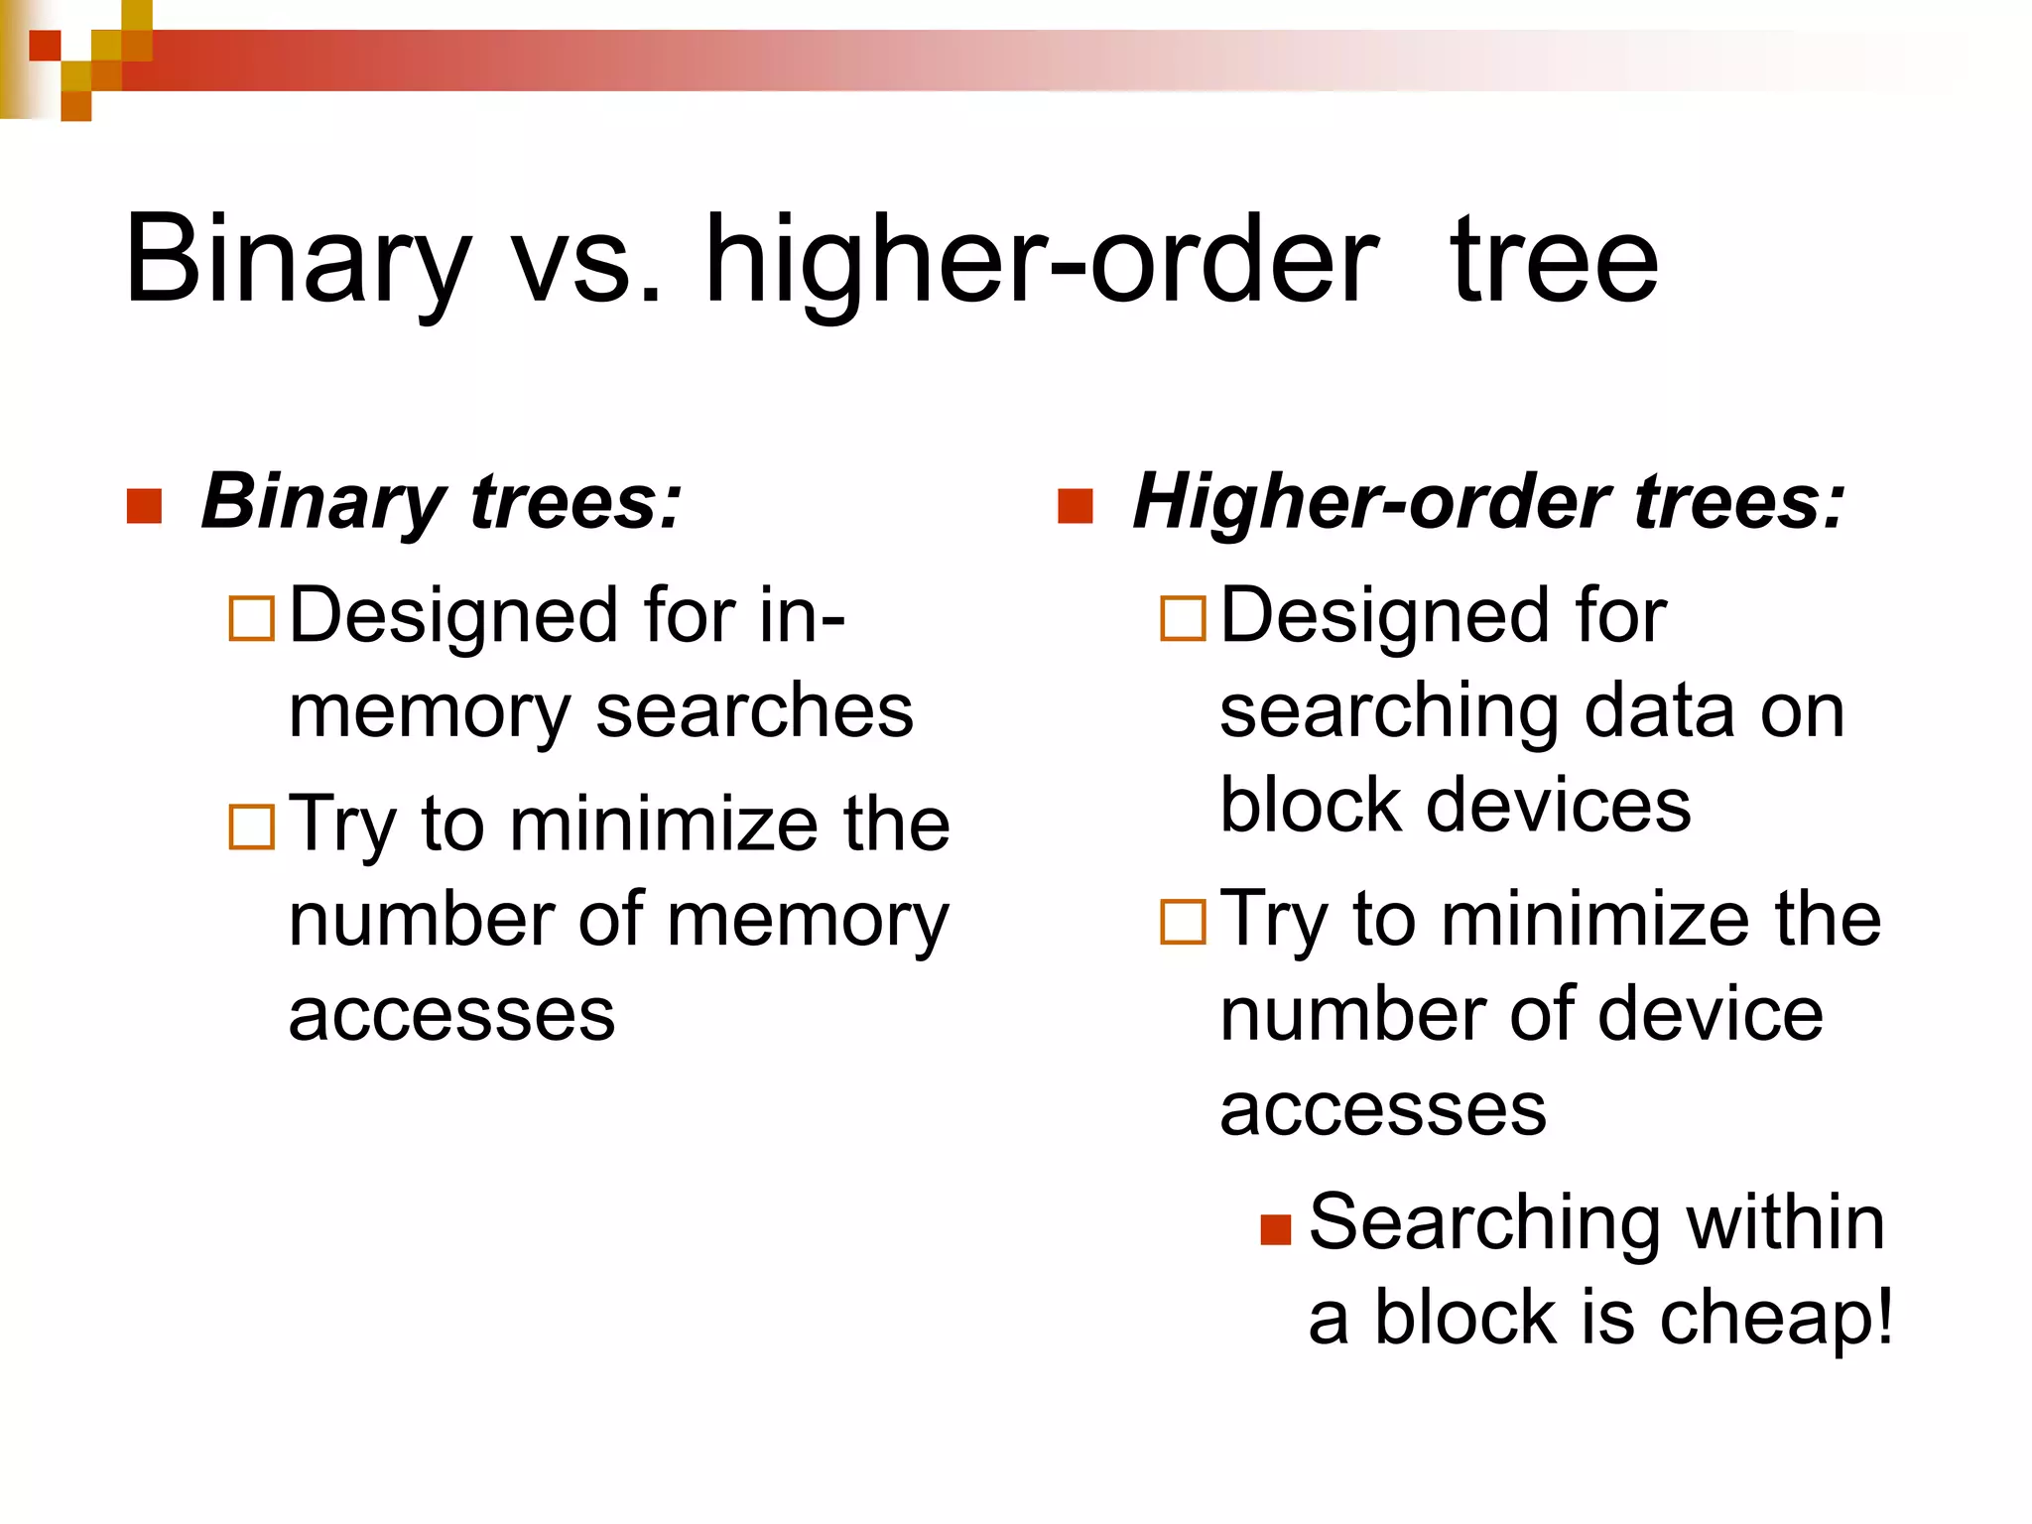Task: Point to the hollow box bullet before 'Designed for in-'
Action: point(251,618)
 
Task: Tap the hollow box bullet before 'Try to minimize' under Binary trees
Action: point(251,826)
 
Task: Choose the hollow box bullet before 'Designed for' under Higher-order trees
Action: point(1183,618)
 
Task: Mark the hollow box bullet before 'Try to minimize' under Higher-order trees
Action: point(1183,922)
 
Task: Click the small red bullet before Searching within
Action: point(1275,1229)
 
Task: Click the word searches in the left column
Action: point(754,711)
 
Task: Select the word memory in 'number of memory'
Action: point(808,920)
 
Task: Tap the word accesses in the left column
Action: point(451,1015)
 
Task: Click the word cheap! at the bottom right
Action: point(1776,1319)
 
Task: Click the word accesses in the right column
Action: point(1383,1110)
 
